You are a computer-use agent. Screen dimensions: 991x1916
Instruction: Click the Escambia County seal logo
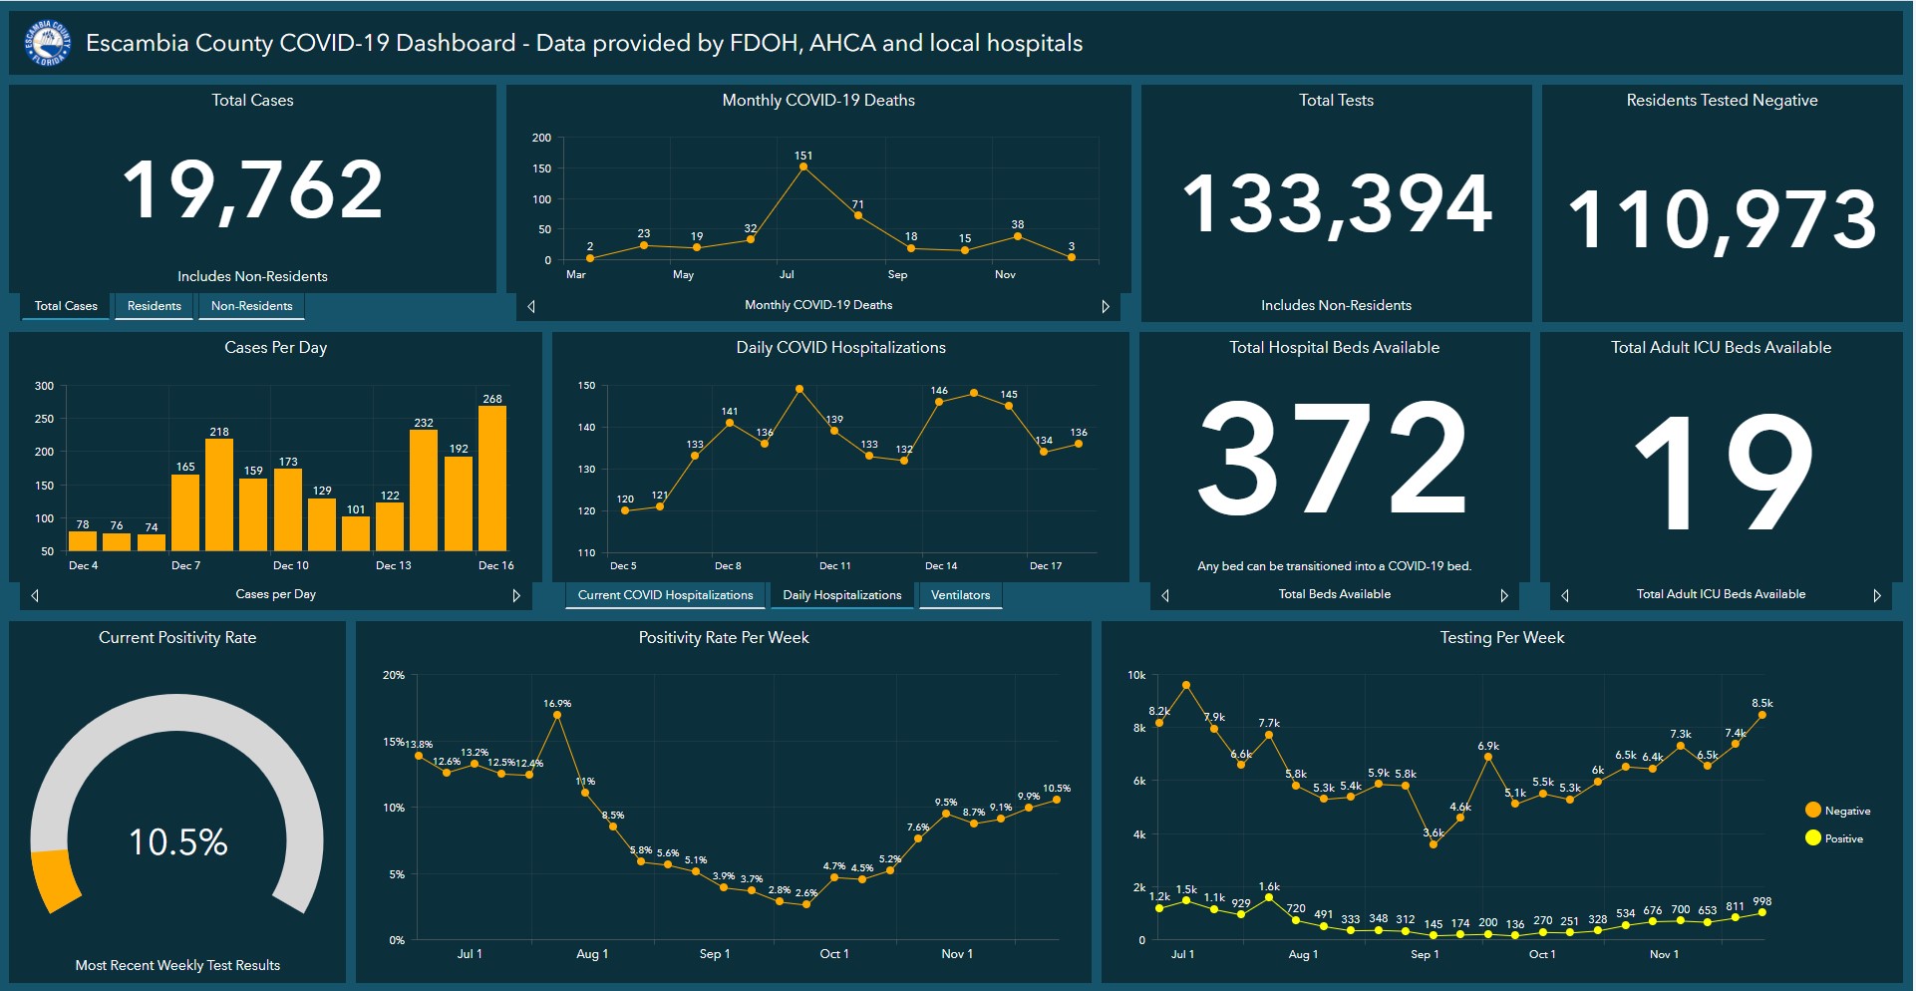(47, 43)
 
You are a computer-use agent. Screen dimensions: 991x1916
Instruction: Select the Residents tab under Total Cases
(155, 306)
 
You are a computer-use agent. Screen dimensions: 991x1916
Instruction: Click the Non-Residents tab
(251, 306)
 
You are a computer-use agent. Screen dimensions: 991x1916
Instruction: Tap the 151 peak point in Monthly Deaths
(803, 167)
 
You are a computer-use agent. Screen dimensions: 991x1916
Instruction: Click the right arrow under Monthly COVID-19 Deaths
(1105, 306)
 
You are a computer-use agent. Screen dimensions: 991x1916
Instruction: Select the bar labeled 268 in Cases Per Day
(492, 479)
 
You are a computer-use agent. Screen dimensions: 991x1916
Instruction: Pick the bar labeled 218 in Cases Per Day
(219, 495)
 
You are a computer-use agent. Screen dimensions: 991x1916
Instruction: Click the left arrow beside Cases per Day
(35, 595)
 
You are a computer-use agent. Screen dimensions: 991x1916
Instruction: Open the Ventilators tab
(960, 595)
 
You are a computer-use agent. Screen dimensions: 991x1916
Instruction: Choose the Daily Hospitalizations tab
(841, 595)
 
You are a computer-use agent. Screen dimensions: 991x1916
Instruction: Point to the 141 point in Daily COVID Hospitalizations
(730, 423)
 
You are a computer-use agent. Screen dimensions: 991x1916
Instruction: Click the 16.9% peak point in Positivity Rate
(557, 715)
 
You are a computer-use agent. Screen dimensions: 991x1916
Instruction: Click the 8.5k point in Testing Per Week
(1762, 715)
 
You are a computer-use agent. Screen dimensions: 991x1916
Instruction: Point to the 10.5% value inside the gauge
(178, 842)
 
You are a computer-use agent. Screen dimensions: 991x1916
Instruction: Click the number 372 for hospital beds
(1333, 458)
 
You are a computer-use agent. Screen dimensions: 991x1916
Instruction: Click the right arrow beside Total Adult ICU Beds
(1876, 595)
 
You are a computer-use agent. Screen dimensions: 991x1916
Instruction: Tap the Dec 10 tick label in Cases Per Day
(290, 565)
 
